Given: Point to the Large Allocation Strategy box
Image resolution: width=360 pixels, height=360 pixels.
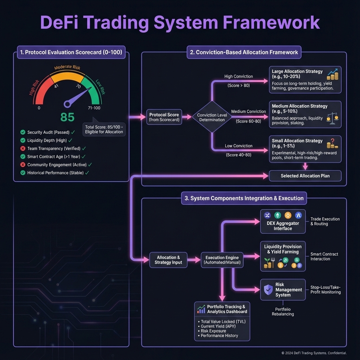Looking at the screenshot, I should pos(305,80).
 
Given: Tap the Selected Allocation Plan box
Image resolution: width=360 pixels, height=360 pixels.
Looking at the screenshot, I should pos(305,176).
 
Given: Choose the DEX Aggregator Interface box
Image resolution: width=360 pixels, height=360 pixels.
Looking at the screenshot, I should pos(283,222).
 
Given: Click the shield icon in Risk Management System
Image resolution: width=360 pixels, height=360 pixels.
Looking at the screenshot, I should pos(267,290).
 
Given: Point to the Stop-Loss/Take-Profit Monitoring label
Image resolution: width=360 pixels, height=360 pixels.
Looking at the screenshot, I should pos(325,290).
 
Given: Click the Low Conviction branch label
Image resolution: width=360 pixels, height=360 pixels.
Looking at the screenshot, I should pos(238,146).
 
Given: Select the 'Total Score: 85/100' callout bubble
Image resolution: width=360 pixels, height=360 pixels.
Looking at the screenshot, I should pos(104,129).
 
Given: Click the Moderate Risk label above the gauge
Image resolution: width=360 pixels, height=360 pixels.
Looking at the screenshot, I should pos(67,68).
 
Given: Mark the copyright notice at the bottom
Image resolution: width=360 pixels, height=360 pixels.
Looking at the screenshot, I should pos(314,353).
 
